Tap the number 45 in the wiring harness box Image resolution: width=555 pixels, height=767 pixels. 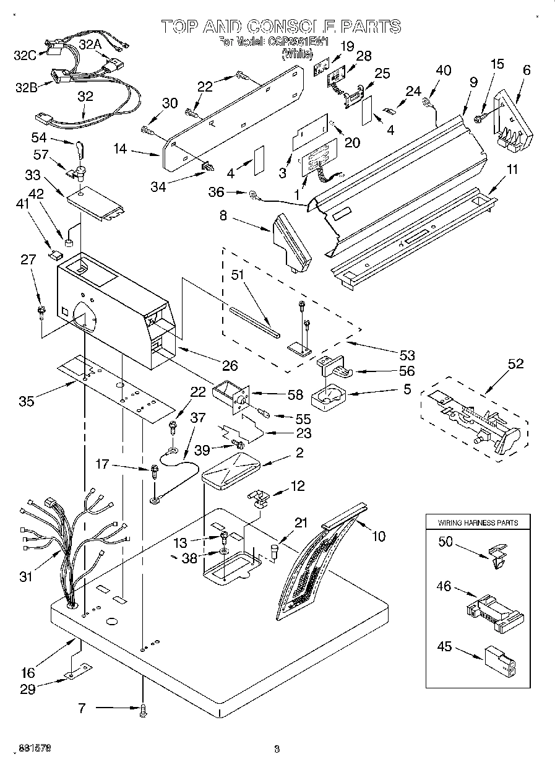pyautogui.click(x=445, y=648)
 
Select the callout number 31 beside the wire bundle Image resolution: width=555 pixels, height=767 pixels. pyautogui.click(x=26, y=578)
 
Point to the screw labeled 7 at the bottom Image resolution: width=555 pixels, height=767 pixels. pyautogui.click(x=144, y=711)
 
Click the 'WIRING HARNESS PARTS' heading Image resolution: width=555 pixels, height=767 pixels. pyautogui.click(x=478, y=522)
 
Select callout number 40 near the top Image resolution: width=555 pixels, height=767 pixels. pyautogui.click(x=443, y=71)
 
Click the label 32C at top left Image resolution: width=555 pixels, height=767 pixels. pyautogui.click(x=24, y=55)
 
